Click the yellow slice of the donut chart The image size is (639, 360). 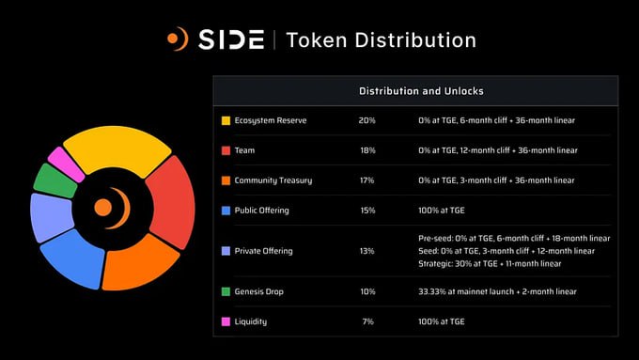[x=117, y=148]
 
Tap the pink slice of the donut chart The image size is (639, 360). [x=65, y=164]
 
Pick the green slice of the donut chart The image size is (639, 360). [x=55, y=181]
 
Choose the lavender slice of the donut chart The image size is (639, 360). [x=51, y=217]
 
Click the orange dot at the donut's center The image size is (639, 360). [x=103, y=208]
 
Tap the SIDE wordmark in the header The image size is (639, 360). [x=231, y=39]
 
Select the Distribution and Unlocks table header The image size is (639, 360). [x=421, y=91]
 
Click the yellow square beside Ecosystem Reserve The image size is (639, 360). [x=226, y=120]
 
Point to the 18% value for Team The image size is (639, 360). [x=367, y=150]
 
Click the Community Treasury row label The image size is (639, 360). [x=273, y=180]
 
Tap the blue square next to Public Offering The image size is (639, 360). [x=226, y=211]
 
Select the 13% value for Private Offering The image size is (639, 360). [x=366, y=251]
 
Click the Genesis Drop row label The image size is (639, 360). [x=258, y=292]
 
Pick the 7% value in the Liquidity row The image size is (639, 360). [x=368, y=321]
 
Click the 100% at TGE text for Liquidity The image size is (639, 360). [x=442, y=321]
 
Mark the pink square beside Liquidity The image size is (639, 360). [x=226, y=321]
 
